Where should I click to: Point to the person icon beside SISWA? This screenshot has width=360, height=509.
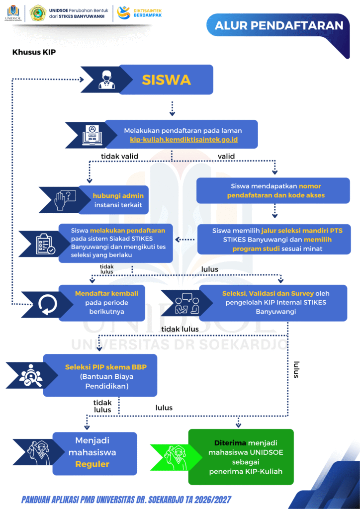click(107, 80)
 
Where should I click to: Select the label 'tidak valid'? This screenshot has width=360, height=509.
click(119, 157)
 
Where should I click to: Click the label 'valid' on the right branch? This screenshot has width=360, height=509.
click(226, 157)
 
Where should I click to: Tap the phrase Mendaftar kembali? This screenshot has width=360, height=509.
click(106, 293)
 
